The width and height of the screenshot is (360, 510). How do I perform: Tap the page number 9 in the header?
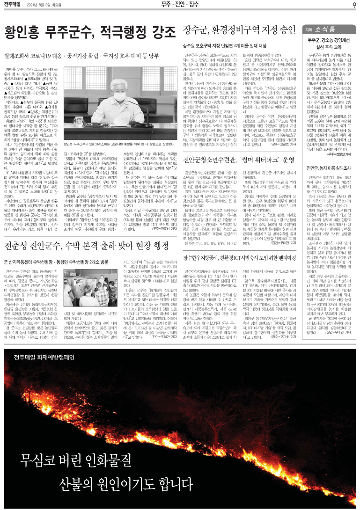[354, 5]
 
